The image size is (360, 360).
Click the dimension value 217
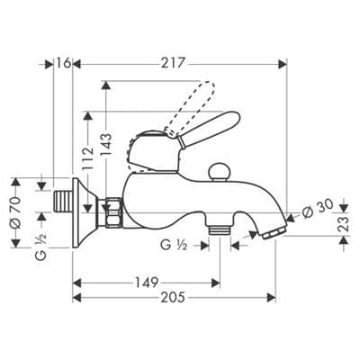pos(173,63)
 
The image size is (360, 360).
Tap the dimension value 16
pos(63,63)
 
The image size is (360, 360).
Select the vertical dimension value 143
pos(105,145)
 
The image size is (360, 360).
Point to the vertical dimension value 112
pos(88,158)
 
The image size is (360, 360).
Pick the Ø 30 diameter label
pos(318,209)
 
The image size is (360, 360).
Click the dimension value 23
pos(344,223)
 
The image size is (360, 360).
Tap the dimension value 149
pos(146,283)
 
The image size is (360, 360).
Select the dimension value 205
pos(173,298)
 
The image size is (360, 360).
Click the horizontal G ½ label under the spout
pos(174,246)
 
